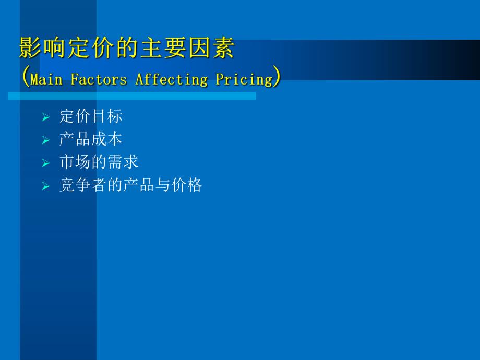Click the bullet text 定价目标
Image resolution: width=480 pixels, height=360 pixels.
coord(91,116)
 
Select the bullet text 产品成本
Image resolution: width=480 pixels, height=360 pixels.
coord(91,139)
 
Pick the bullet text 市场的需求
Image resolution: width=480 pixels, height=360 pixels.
coord(99,162)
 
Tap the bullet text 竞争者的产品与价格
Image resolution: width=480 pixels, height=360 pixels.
coord(130,185)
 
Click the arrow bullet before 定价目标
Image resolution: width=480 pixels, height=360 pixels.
coord(46,117)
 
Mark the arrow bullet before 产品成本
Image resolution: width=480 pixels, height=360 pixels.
coord(46,140)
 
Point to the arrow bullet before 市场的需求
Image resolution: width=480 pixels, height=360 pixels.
coord(46,163)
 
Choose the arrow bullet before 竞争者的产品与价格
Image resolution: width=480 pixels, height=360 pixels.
coord(46,186)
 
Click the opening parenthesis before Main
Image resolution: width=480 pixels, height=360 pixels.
coord(26,78)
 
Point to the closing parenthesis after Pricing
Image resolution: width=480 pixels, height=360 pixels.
coord(277,78)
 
